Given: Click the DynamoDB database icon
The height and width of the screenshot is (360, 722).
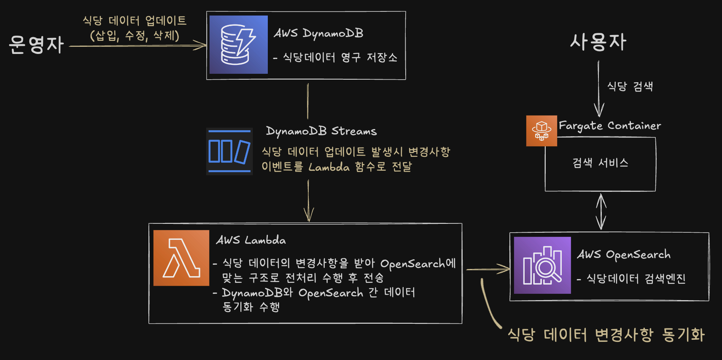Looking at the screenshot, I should [238, 45].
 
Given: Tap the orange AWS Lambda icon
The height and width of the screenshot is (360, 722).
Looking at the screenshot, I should [181, 258].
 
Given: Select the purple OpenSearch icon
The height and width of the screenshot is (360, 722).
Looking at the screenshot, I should [542, 265].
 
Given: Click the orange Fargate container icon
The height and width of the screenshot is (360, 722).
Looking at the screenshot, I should [541, 131].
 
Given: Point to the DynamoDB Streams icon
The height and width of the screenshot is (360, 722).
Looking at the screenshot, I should [229, 151].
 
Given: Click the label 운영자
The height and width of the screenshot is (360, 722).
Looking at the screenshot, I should [36, 45].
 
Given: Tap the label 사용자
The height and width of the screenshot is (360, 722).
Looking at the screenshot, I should [598, 42].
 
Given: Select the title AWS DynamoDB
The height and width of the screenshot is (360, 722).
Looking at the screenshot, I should [318, 33].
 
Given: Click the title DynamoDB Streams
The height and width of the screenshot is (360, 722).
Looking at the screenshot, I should [321, 131].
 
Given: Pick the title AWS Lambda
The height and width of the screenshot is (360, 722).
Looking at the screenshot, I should [251, 240].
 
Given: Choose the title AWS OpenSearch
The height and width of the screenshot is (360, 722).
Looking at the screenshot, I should [624, 254].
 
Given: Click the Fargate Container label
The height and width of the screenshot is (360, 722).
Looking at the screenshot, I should [610, 126].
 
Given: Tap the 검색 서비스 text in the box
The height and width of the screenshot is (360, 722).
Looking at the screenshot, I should [600, 163].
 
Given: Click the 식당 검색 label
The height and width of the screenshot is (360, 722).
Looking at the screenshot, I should [630, 86].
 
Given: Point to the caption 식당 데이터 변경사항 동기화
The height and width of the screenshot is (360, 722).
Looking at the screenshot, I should [606, 335].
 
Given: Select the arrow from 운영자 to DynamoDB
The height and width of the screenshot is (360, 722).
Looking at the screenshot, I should [137, 46].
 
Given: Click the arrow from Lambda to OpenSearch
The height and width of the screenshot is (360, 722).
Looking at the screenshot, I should [488, 269].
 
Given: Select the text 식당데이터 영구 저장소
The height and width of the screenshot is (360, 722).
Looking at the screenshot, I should [339, 57].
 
